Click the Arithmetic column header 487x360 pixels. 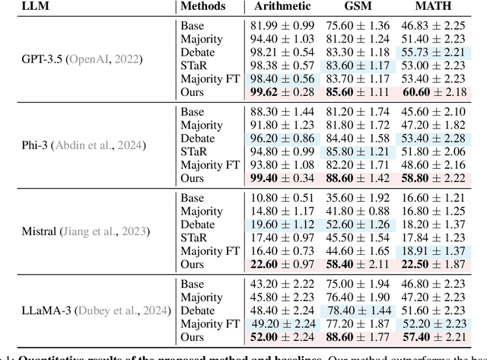coord(282,7)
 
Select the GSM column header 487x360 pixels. coord(358,7)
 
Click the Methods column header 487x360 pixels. coord(203,7)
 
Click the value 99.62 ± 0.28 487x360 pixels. coord(283,92)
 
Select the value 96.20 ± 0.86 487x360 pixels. coord(283,139)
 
